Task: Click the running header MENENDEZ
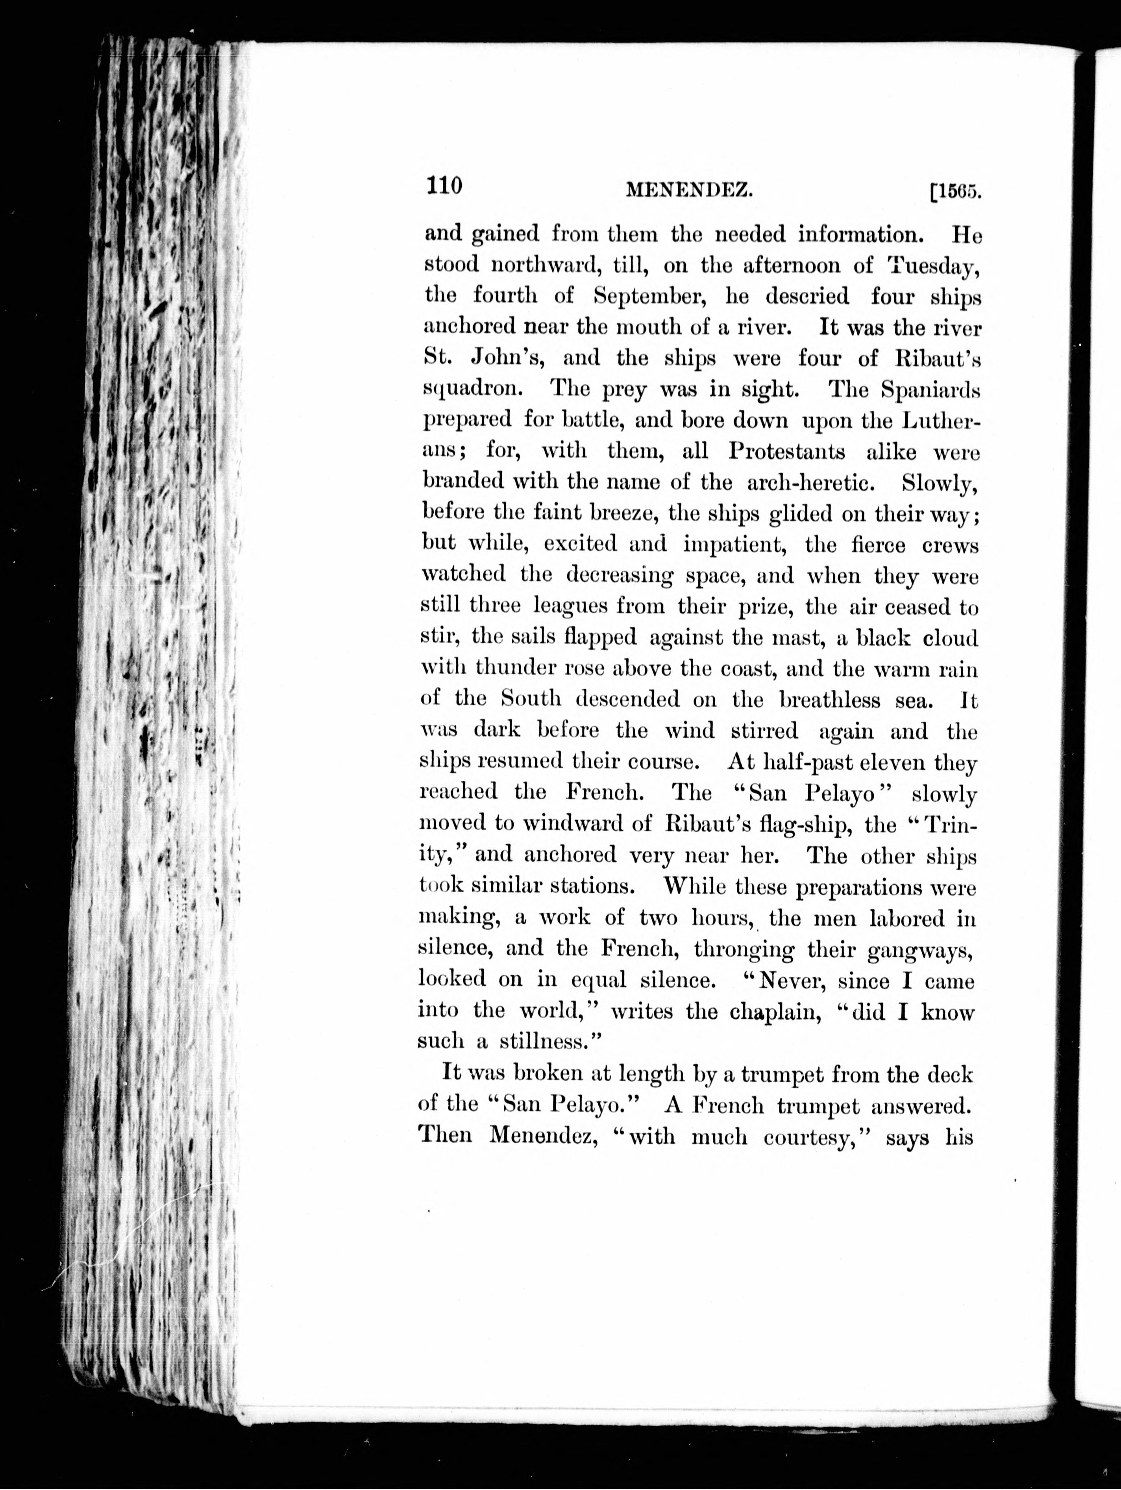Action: click(x=688, y=192)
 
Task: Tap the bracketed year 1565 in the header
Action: click(x=955, y=193)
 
